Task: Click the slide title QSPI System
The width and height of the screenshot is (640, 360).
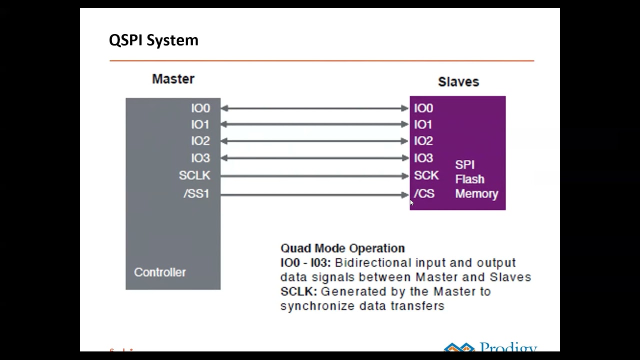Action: (153, 40)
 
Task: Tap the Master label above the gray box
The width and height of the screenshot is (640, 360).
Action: (173, 79)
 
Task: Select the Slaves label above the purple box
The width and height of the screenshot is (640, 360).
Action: (458, 82)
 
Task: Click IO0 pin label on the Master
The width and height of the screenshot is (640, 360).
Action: (200, 108)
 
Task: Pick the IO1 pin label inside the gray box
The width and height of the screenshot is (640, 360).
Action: (200, 124)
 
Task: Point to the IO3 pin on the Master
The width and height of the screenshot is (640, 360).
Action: (200, 158)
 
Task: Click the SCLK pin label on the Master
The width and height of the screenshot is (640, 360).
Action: (194, 176)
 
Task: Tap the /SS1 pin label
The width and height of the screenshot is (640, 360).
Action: (196, 194)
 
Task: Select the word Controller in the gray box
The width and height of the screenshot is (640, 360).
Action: (159, 272)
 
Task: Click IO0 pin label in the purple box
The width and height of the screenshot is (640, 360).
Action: (423, 108)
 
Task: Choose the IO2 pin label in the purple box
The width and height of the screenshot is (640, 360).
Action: (423, 141)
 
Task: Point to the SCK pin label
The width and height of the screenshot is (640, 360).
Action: (426, 176)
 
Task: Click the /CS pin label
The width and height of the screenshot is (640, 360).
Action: (424, 194)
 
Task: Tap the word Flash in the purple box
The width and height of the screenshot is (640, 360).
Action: (469, 179)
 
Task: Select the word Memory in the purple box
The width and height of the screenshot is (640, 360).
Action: (476, 194)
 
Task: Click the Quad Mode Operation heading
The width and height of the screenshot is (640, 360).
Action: (342, 248)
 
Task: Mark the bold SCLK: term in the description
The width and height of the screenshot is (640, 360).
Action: (298, 291)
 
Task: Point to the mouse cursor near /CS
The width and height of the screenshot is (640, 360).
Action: (411, 202)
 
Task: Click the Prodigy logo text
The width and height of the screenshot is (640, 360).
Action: (508, 347)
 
